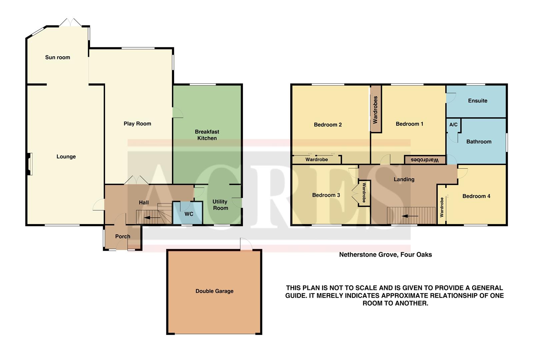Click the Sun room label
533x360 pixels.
point(58,57)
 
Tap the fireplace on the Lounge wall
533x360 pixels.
point(30,164)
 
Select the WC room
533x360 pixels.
point(188,213)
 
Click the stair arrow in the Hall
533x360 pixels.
point(152,218)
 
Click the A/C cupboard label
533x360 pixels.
point(453,125)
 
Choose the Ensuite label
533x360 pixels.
point(477,101)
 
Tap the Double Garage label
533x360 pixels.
point(214,291)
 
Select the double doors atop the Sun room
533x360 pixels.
point(70,22)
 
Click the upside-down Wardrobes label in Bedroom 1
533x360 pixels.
point(424,160)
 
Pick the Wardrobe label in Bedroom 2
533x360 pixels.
point(316,160)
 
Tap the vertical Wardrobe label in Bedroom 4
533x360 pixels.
point(442,207)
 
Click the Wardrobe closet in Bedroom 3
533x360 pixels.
point(364,193)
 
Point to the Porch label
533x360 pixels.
point(123,236)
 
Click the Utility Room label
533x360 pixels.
point(220,205)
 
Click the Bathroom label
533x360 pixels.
point(479,142)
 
